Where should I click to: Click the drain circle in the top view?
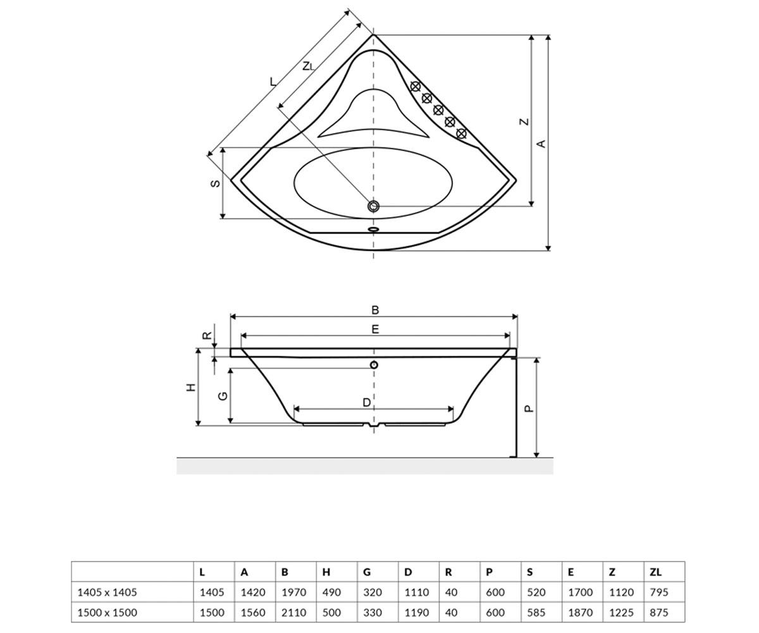pyautogui.click(x=373, y=206)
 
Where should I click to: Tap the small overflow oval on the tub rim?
pyautogui.click(x=373, y=229)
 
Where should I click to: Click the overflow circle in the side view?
pyautogui.click(x=374, y=365)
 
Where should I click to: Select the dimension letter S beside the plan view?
pyautogui.click(x=215, y=184)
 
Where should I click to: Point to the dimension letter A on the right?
pyautogui.click(x=541, y=144)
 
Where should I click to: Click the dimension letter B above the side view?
pyautogui.click(x=375, y=310)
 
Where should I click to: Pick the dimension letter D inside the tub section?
pyautogui.click(x=366, y=403)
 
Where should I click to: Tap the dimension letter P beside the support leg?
pyautogui.click(x=529, y=409)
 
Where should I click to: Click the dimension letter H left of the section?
pyautogui.click(x=191, y=388)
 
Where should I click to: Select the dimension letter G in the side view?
pyautogui.click(x=223, y=396)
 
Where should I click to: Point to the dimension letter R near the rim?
pyautogui.click(x=207, y=335)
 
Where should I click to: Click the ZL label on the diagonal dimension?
pyautogui.click(x=308, y=66)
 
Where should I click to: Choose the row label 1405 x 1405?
pyautogui.click(x=108, y=592)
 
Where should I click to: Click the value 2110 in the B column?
pyautogui.click(x=293, y=613)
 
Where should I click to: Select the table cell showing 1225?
pyautogui.click(x=621, y=613)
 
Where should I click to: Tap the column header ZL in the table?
pyautogui.click(x=655, y=572)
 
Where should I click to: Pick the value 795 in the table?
pyautogui.click(x=659, y=592)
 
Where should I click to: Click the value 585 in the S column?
pyautogui.click(x=536, y=613)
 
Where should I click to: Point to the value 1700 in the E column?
pyautogui.click(x=580, y=592)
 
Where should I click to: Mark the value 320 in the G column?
pyautogui.click(x=373, y=592)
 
